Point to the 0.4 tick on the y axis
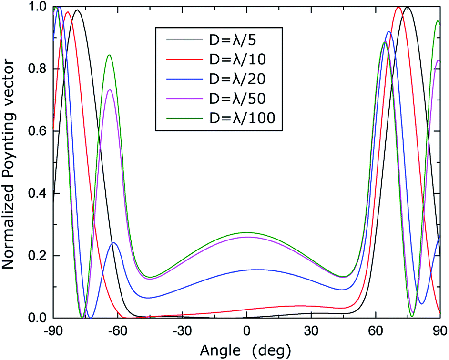pyautogui.click(x=39, y=194)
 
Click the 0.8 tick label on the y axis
pyautogui.click(x=39, y=69)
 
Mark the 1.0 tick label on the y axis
pyautogui.click(x=39, y=7)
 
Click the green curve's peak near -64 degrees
pyautogui.click(x=110, y=55)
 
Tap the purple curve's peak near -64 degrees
pyautogui.click(x=110, y=90)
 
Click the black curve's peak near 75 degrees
pyautogui.click(x=407, y=8)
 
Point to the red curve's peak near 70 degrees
pyautogui.click(x=398, y=7)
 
